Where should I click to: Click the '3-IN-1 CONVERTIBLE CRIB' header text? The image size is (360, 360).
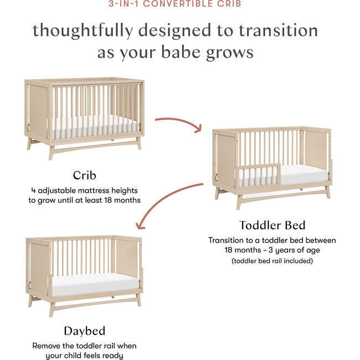179,4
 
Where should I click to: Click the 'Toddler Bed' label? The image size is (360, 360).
272,225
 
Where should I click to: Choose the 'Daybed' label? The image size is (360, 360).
84,331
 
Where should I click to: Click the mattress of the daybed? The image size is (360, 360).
94,285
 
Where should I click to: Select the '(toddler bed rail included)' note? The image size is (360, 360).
272,260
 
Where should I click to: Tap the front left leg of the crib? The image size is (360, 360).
51,152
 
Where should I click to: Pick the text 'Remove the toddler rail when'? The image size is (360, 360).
84,346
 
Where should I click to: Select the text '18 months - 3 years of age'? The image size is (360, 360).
272,250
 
